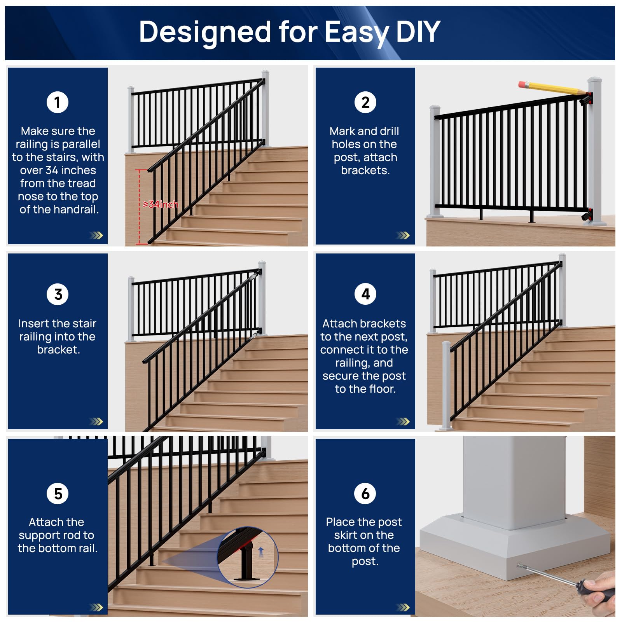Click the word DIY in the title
pyautogui.click(x=418, y=32)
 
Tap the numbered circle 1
pyautogui.click(x=58, y=102)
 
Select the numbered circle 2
pyautogui.click(x=365, y=102)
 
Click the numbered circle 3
pyautogui.click(x=58, y=294)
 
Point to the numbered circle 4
pyautogui.click(x=365, y=294)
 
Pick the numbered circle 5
pyautogui.click(x=58, y=494)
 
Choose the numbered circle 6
pyautogui.click(x=365, y=494)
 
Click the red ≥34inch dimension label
pyautogui.click(x=160, y=204)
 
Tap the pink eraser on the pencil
pyautogui.click(x=524, y=84)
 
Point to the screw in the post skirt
pyautogui.click(x=520, y=566)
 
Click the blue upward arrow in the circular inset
pyautogui.click(x=261, y=550)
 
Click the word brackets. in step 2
pyautogui.click(x=365, y=170)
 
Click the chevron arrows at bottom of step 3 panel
pyautogui.click(x=96, y=421)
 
